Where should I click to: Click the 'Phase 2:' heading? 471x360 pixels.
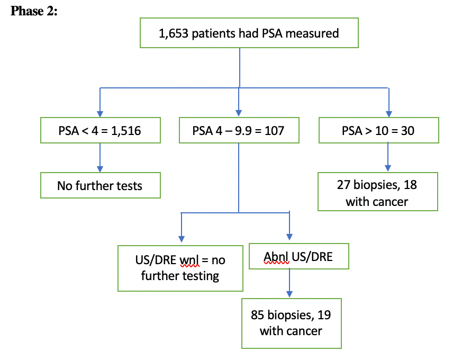click(34, 11)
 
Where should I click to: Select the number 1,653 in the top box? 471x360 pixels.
click(173, 33)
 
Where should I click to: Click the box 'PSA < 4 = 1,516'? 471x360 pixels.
click(100, 130)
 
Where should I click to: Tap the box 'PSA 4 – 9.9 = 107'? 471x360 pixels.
click(239, 130)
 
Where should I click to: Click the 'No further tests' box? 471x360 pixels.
click(100, 186)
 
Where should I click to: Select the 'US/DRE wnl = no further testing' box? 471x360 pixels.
click(180, 268)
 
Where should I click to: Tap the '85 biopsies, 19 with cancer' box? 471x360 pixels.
click(291, 323)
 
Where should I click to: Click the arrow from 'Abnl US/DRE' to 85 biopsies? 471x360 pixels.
click(289, 283)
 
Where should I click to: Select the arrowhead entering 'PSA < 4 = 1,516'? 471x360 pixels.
click(100, 113)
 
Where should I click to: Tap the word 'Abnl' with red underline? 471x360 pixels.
click(276, 257)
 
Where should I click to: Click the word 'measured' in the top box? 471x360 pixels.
click(315, 33)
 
